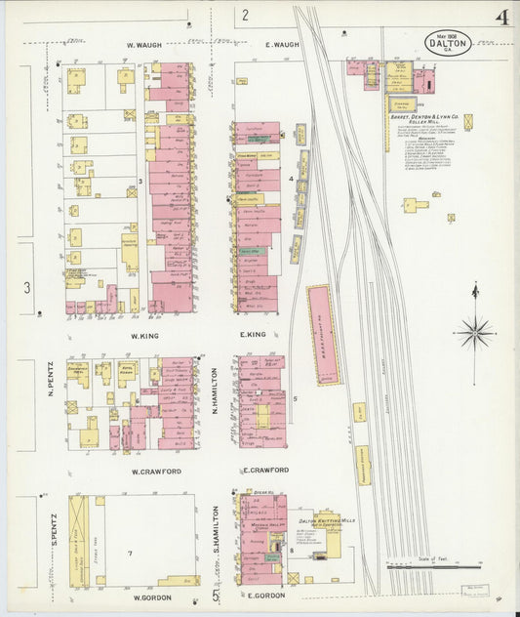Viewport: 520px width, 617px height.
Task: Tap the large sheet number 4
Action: pyautogui.click(x=501, y=19)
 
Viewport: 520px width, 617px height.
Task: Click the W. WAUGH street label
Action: pyautogui.click(x=144, y=45)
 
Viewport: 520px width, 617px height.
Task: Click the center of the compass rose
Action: pyautogui.click(x=475, y=332)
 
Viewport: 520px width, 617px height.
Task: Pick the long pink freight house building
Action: pyautogui.click(x=324, y=334)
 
